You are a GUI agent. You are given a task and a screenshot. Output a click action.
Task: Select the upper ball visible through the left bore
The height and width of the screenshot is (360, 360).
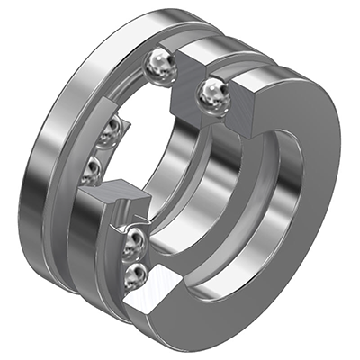pos(112,131)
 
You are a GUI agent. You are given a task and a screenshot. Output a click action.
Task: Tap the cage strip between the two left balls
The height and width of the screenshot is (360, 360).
pos(102,149)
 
